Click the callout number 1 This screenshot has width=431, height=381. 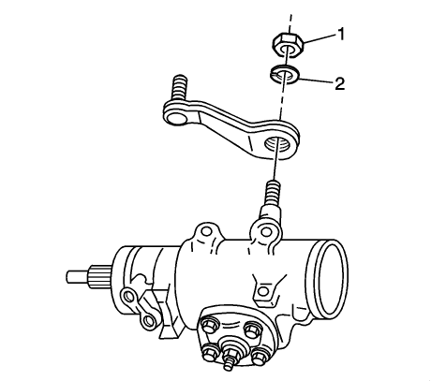point(340,34)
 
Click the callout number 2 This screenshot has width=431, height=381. point(339,83)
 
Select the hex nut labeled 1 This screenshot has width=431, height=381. point(288,46)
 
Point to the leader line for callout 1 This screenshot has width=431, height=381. point(318,38)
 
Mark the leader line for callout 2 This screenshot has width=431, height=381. point(316,81)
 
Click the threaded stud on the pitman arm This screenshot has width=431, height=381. point(179,88)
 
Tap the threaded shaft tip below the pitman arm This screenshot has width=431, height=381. point(274,193)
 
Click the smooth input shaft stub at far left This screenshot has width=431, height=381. point(78,276)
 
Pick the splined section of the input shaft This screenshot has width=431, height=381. point(100,277)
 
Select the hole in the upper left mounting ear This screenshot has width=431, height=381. point(206,231)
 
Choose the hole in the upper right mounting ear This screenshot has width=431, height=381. point(266,231)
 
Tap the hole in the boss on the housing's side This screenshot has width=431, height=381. point(263,291)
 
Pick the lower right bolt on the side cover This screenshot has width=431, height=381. point(260,355)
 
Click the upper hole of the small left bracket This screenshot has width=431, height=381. point(128,295)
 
